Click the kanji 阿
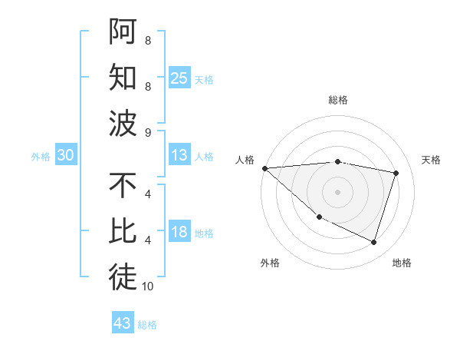click(x=123, y=31)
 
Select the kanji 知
click(x=123, y=78)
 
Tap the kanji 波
click(x=123, y=123)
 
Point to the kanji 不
click(x=123, y=186)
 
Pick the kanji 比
click(x=123, y=231)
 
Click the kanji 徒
click(x=123, y=277)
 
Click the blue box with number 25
click(x=179, y=78)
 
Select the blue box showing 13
click(x=179, y=155)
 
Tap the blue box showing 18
click(x=179, y=233)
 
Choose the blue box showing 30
click(x=66, y=155)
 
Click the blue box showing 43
click(x=123, y=323)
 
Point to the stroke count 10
click(x=148, y=286)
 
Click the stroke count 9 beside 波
click(x=148, y=133)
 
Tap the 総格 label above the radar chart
click(x=338, y=100)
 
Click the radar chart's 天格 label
click(x=431, y=160)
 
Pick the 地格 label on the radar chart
click(x=402, y=263)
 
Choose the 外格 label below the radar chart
click(x=270, y=263)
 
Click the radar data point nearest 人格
click(x=264, y=168)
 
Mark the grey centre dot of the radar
click(x=338, y=191)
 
